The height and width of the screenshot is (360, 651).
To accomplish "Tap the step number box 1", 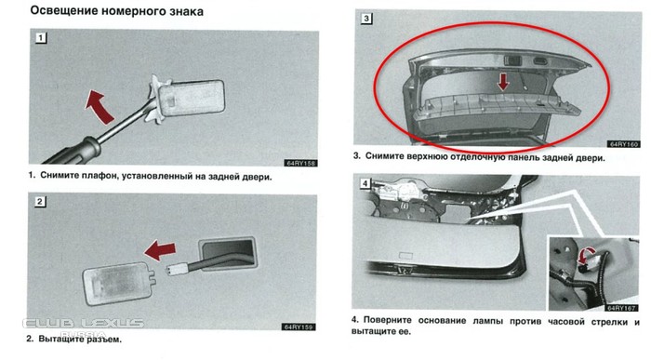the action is (x=40, y=38).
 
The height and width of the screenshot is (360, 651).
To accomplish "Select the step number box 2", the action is (x=39, y=202).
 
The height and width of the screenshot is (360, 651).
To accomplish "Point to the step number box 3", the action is (x=365, y=19).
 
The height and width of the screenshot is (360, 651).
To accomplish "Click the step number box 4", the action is (x=365, y=183).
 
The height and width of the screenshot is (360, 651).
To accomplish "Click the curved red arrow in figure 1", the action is (x=100, y=107).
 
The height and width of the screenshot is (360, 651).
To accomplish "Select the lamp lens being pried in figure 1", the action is (x=192, y=98).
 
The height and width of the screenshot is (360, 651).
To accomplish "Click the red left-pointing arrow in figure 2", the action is (x=160, y=250).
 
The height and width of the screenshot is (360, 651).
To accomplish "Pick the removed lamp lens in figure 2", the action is (x=117, y=284).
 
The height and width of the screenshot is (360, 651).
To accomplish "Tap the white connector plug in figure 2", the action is (x=177, y=270).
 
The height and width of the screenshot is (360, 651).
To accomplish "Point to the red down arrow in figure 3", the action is (x=503, y=82).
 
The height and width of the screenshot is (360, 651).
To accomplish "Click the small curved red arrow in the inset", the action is (x=585, y=256).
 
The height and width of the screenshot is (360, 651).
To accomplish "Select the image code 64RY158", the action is (x=300, y=163).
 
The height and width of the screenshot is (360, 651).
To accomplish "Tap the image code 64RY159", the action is (x=299, y=327).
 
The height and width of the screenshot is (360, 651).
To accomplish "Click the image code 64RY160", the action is (x=624, y=144).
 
